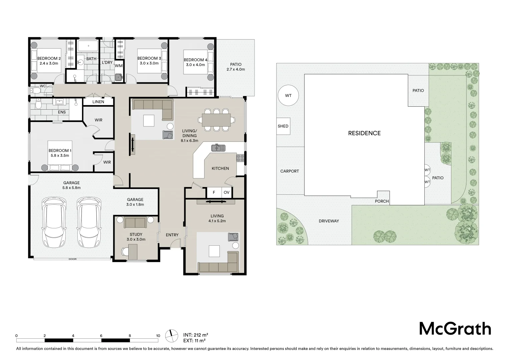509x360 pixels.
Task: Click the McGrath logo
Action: tap(455, 329)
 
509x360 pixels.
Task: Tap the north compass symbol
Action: tap(172, 335)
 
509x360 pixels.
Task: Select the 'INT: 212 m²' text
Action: tap(196, 335)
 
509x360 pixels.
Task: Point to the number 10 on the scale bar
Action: tap(158, 336)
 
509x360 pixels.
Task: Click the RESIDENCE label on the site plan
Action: tap(364, 133)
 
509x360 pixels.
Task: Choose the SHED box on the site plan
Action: tap(283, 126)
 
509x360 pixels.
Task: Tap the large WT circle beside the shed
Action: tap(288, 96)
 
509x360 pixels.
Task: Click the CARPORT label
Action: tap(289, 171)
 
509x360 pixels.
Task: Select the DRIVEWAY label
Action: tap(328, 221)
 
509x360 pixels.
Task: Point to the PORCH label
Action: tap(382, 201)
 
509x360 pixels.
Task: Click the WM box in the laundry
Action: tap(119, 66)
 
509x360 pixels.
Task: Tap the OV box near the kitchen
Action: tap(227, 192)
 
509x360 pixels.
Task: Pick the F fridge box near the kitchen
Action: tap(214, 192)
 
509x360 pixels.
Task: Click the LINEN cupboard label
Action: tap(98, 102)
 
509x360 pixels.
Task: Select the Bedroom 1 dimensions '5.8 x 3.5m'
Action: tap(60, 155)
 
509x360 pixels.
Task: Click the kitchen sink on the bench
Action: tap(218, 147)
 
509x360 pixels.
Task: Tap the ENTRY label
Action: tap(172, 235)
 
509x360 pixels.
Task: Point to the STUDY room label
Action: tap(136, 235)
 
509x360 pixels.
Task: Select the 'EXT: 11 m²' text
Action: tap(194, 341)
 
